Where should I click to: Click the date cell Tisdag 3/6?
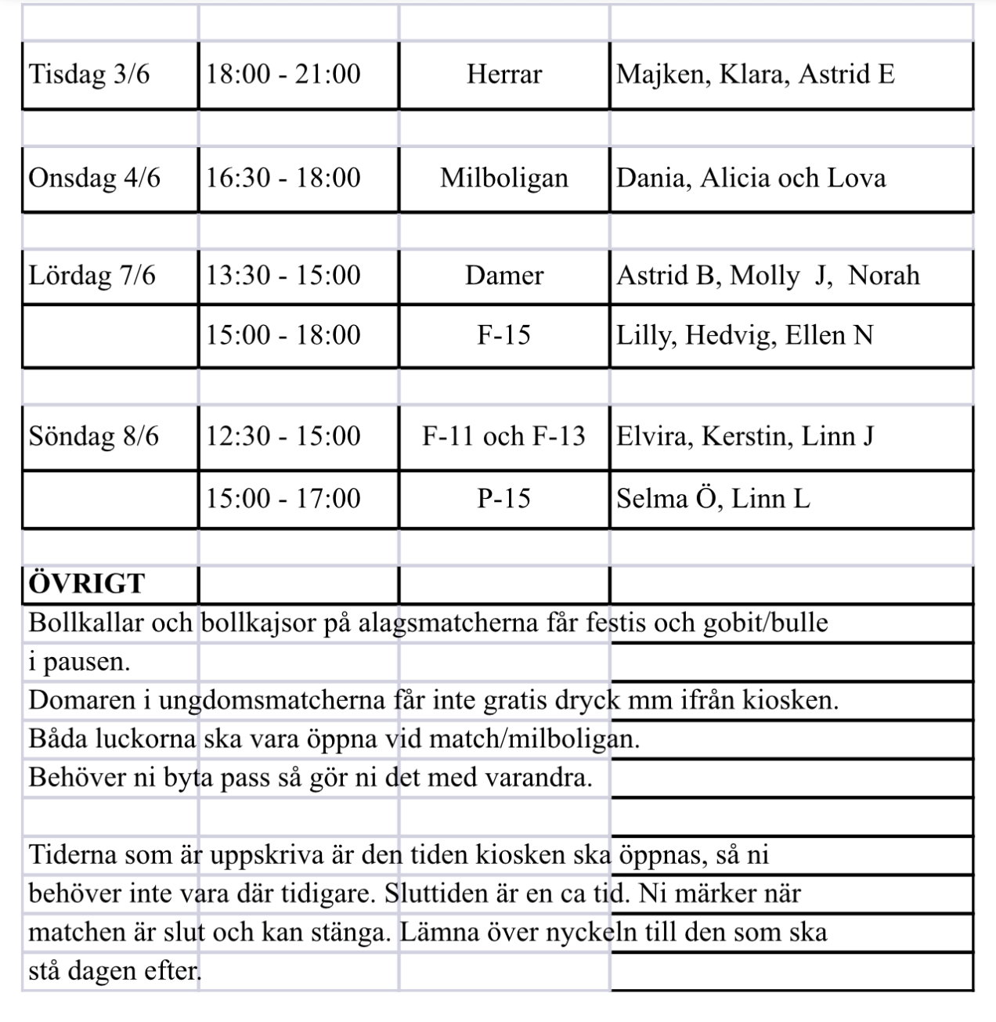tap(88, 75)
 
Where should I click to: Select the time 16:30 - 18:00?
tap(283, 179)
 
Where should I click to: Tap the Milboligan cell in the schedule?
tap(503, 179)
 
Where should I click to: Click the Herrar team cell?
tap(503, 75)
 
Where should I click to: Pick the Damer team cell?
tap(503, 276)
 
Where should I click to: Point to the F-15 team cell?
tap(503, 336)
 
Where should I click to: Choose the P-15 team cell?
tap(503, 499)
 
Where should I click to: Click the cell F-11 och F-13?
tap(503, 436)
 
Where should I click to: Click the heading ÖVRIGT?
tap(86, 584)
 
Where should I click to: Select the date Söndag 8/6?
tap(93, 436)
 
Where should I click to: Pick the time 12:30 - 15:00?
tap(283, 436)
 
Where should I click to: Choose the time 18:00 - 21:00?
tap(283, 75)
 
